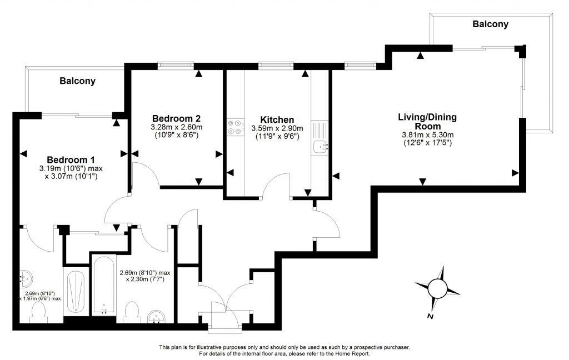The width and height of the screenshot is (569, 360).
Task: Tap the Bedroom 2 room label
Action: tap(176, 118)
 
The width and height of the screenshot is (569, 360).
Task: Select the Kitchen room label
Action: tap(277, 119)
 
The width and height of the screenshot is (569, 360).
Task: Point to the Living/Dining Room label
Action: tap(427, 122)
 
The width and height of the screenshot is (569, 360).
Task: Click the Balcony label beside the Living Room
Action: tap(490, 24)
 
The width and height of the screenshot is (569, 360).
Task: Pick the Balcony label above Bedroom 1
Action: tap(77, 81)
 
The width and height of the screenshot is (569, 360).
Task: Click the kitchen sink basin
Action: tap(320, 147)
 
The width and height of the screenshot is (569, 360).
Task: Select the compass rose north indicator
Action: tap(438, 287)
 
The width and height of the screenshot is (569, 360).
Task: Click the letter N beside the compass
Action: tap(430, 316)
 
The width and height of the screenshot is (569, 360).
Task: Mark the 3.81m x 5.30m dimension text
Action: tap(427, 135)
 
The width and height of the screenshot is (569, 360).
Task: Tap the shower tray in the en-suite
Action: tap(75, 292)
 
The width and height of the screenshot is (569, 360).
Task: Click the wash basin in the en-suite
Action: tap(26, 278)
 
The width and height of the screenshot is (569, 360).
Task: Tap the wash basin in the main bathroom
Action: tap(157, 318)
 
